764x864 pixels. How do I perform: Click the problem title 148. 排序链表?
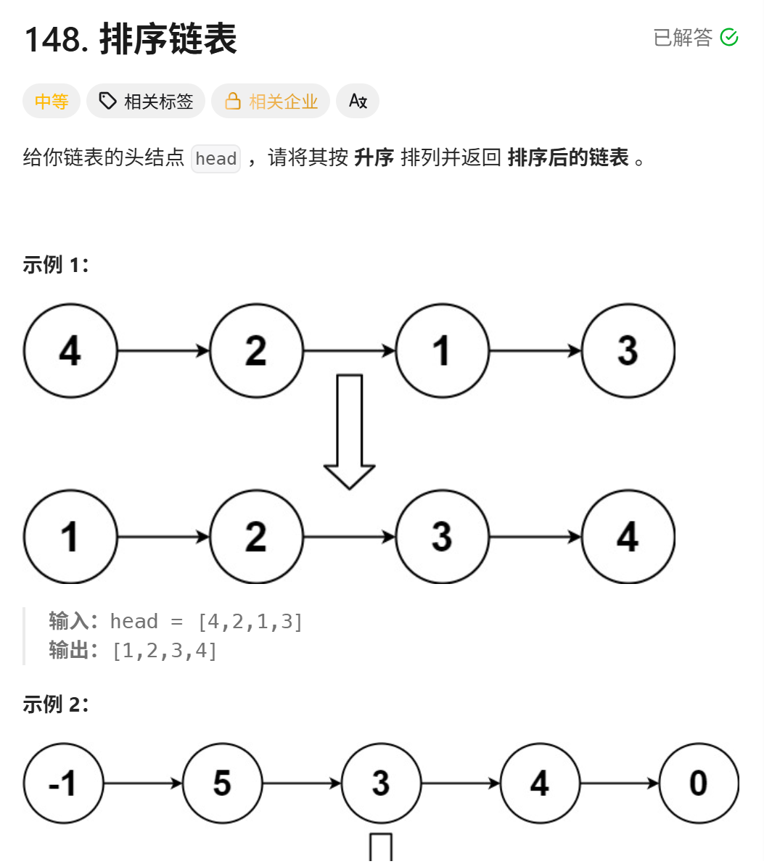coord(131,39)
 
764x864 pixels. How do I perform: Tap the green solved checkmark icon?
coord(729,38)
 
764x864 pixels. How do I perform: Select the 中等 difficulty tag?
coord(52,102)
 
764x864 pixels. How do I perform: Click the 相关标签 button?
coord(146,102)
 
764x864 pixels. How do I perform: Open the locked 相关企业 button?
coord(271,102)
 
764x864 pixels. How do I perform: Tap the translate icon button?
coord(358,102)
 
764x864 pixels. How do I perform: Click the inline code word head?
coord(215,159)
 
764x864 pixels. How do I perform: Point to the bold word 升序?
coord(374,157)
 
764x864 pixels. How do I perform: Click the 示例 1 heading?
coord(55,265)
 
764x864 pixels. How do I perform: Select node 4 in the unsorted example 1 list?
coord(70,351)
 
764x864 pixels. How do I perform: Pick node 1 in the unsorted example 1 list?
coord(442,351)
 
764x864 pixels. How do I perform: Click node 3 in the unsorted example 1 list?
coord(628,351)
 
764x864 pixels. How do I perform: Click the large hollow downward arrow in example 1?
coord(350,432)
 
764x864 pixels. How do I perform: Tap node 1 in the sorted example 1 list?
coord(70,537)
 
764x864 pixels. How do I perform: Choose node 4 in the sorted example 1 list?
coord(628,537)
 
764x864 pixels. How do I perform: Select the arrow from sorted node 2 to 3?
coord(349,537)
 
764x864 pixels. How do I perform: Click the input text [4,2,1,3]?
coord(250,622)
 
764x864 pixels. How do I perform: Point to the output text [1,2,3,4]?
coord(165,651)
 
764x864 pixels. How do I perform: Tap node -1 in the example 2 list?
coord(63,783)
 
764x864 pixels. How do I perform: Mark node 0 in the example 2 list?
coord(698,783)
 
